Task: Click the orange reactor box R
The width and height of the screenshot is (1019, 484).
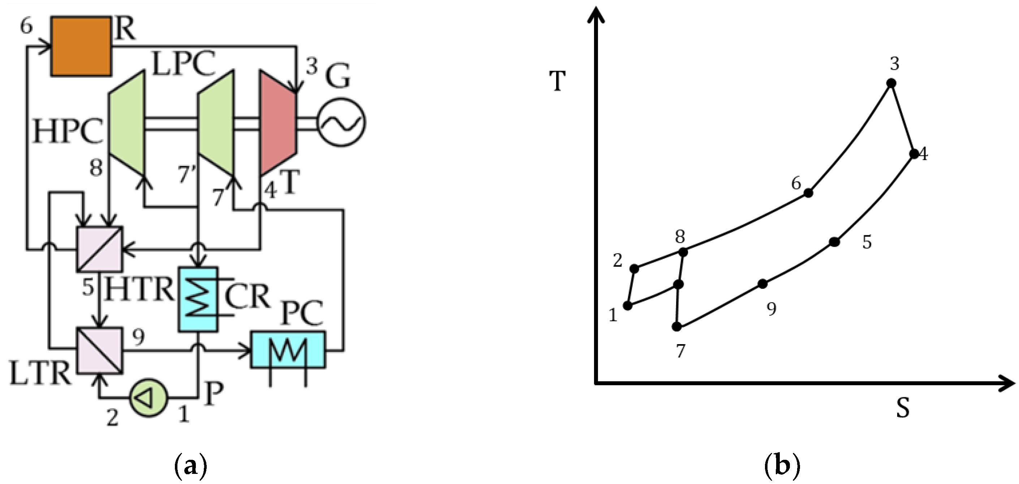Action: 81,46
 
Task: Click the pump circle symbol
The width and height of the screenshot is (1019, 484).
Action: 149,397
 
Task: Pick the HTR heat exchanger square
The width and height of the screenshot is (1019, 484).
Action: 100,249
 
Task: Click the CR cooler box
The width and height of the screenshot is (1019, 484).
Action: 198,299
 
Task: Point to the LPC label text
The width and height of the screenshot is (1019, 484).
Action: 184,64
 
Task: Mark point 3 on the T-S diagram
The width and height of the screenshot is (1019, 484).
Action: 891,83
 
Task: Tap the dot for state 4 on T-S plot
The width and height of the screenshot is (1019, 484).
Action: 914,154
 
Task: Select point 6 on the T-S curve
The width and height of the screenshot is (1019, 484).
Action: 808,193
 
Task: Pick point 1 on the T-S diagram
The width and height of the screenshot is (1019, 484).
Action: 627,305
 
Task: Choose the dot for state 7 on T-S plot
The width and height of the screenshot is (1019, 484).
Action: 677,327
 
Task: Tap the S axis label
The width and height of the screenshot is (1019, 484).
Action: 903,408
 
